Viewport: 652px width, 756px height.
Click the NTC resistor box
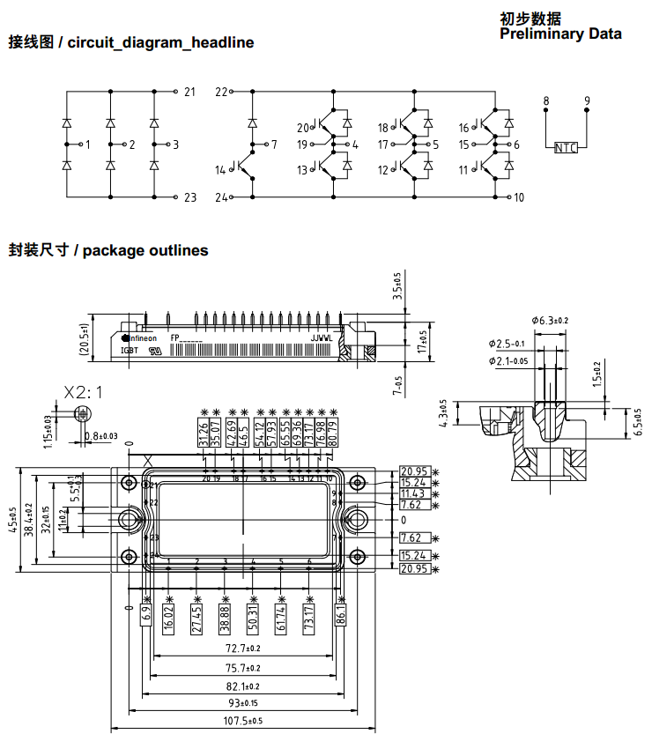(x=566, y=147)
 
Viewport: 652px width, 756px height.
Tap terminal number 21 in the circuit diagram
(x=189, y=92)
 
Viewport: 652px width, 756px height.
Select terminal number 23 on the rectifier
(x=189, y=197)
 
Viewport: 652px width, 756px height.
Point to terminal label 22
(x=221, y=92)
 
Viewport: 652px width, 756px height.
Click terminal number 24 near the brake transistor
(x=221, y=197)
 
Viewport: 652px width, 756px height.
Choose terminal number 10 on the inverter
(x=519, y=197)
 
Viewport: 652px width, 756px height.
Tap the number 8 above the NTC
(x=546, y=102)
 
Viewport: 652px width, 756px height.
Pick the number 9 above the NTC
(x=587, y=102)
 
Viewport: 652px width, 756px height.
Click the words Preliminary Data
(x=560, y=34)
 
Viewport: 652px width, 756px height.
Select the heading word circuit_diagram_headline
(x=160, y=42)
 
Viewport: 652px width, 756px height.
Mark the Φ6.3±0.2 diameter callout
(x=550, y=320)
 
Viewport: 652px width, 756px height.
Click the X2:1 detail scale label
(x=83, y=392)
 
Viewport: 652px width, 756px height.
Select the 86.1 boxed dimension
(x=341, y=616)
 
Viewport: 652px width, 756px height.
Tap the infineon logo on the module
(x=138, y=337)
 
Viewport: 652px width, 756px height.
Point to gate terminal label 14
(x=220, y=170)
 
